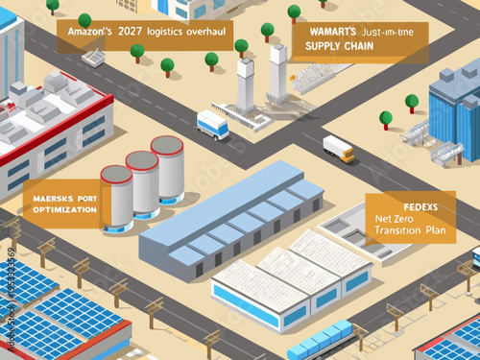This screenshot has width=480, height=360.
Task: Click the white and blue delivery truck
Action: [x=212, y=124]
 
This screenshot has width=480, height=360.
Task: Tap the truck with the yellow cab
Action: [x=339, y=148]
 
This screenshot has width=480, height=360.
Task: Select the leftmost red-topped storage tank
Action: [x=116, y=199]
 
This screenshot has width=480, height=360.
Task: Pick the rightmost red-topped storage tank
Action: [x=167, y=169]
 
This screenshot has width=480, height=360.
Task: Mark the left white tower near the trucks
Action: [x=245, y=87]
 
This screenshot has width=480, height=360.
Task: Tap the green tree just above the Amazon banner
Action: [x=84, y=20]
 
